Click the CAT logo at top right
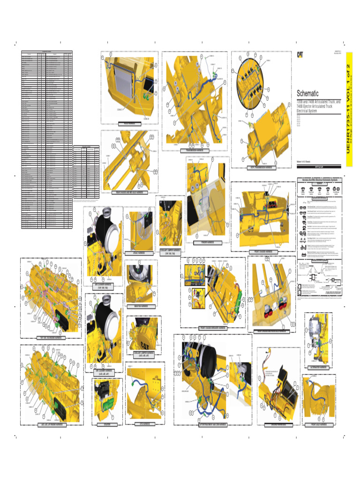point(299,54)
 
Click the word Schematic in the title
point(307,93)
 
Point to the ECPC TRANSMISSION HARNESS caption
point(262,167)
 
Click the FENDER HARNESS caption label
point(207,242)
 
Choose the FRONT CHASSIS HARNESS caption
point(266,252)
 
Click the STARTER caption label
point(106,425)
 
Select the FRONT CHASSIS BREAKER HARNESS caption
point(213,328)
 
